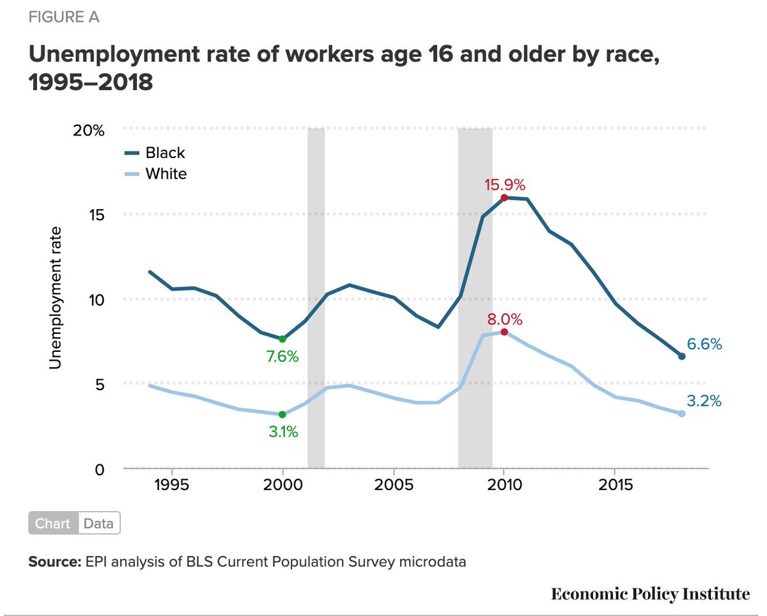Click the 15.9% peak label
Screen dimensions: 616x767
point(504,186)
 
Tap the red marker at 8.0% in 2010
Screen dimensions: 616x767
point(504,332)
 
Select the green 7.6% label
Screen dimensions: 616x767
point(283,357)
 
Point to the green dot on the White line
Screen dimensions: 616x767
point(283,415)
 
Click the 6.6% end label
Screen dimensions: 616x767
point(704,344)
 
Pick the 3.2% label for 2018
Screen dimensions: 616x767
point(704,401)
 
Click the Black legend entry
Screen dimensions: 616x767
point(165,153)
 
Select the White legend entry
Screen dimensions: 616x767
point(166,173)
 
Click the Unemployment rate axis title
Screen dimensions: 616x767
point(56,297)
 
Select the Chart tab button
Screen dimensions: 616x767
point(53,523)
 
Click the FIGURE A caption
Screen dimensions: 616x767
point(64,17)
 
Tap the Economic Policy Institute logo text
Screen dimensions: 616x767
point(650,594)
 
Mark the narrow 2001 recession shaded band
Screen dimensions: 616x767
point(316,297)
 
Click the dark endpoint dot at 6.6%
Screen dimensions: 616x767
point(681,356)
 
